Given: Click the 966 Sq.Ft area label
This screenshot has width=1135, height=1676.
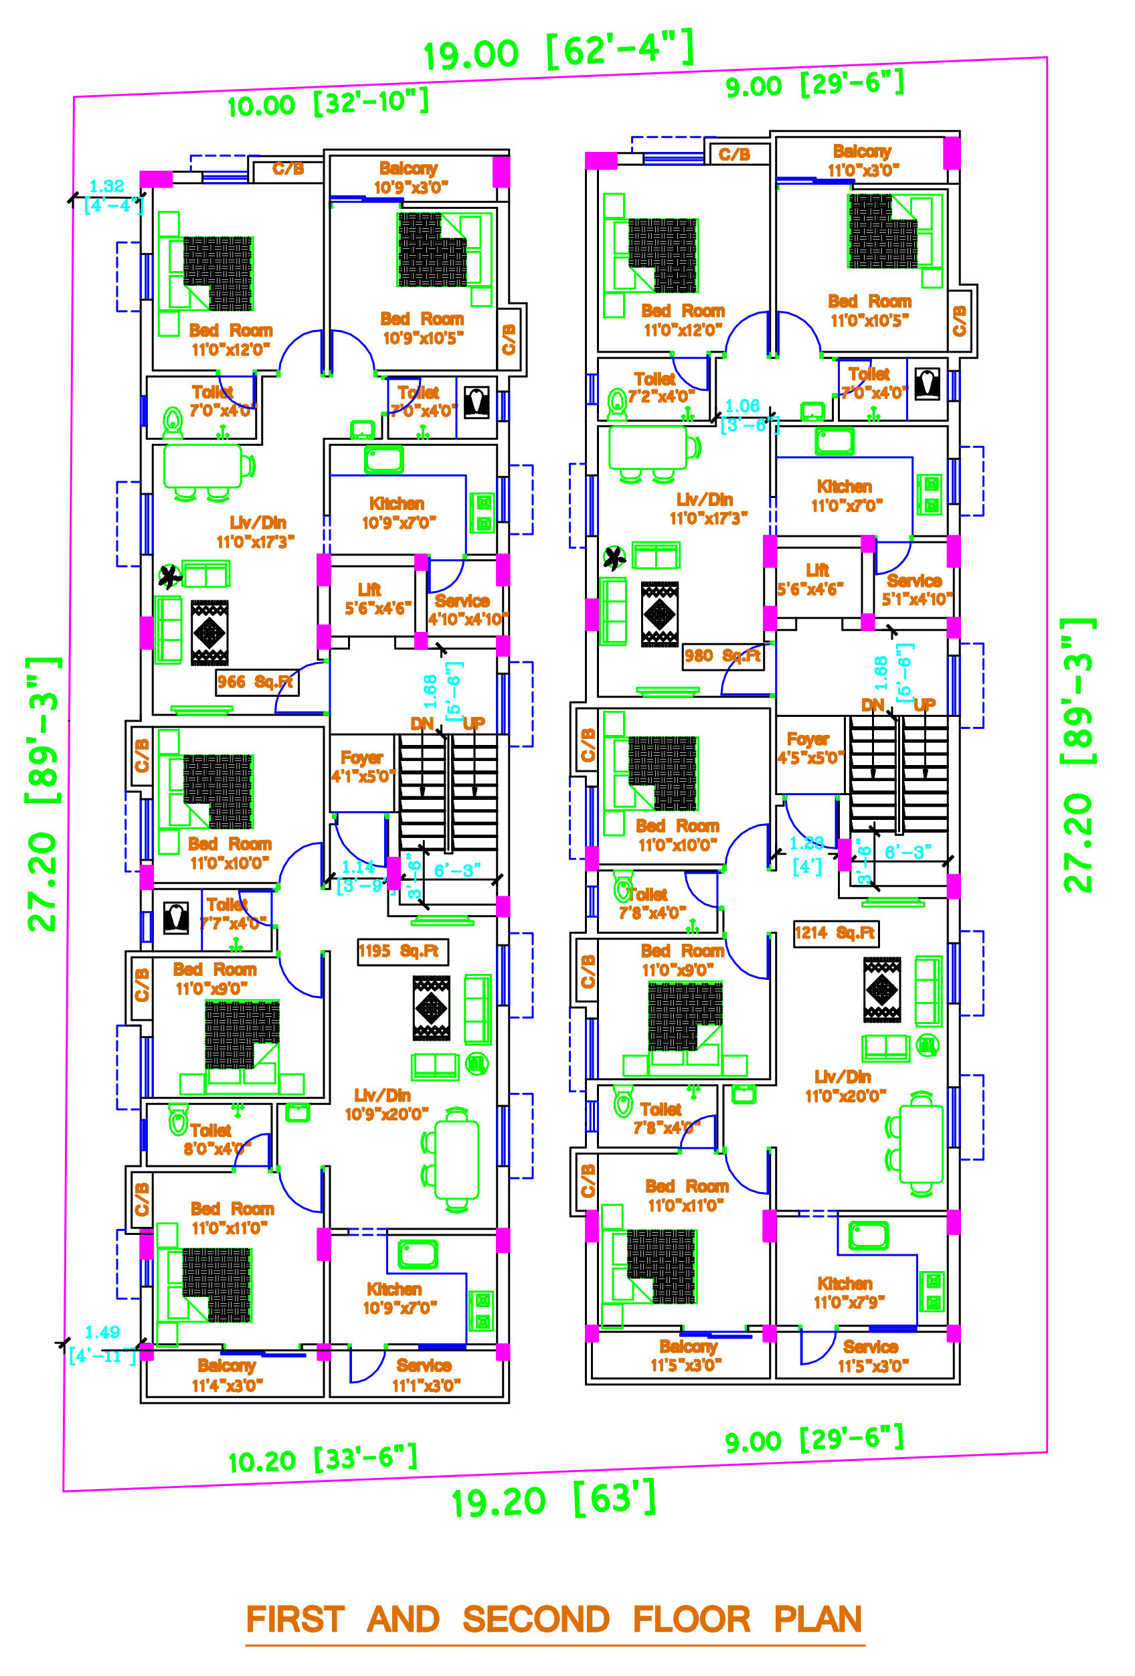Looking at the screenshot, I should pos(256,681).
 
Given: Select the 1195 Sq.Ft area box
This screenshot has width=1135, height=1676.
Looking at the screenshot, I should pos(402,950).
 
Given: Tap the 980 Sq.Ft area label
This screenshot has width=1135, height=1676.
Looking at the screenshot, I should pos(722,655).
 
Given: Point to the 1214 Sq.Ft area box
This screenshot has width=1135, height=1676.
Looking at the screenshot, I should pos(835,932).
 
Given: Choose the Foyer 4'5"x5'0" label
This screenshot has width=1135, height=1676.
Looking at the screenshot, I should pos(809,748).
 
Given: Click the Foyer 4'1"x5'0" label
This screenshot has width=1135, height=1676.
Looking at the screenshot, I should pos(362,766).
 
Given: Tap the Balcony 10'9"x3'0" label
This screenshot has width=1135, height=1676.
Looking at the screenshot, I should pos(410,177).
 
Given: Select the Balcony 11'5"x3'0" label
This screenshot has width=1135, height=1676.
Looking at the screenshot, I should pos(687,1355).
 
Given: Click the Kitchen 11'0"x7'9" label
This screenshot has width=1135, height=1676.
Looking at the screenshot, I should pos(847,1292).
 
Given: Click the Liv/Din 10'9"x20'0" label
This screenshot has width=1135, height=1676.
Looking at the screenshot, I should pos(385,1104).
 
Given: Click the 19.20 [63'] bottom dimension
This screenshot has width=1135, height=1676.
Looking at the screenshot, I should pos(553,1500).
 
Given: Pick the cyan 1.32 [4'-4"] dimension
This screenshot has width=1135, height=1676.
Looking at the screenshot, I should pos(110,195).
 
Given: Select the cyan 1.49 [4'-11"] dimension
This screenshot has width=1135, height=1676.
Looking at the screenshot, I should pos(102,1343).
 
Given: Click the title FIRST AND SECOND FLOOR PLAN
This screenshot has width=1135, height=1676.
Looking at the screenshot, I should pos(554,1619).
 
